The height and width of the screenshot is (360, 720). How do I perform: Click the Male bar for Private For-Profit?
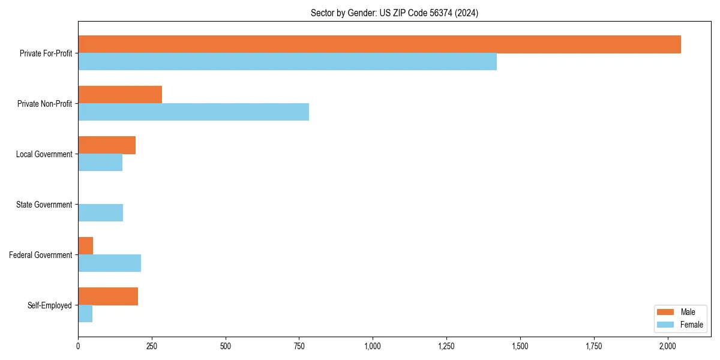pyautogui.click(x=379, y=44)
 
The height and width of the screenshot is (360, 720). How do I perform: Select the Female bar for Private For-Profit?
pyautogui.click(x=287, y=62)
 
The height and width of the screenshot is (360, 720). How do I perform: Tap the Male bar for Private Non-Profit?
pyautogui.click(x=120, y=95)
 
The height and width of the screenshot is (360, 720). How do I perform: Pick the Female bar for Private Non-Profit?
pyautogui.click(x=193, y=112)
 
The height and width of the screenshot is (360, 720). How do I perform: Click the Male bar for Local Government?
pyautogui.click(x=107, y=145)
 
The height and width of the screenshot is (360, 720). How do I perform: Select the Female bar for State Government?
pyautogui.click(x=100, y=213)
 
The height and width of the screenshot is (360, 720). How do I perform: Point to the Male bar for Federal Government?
pyautogui.click(x=85, y=246)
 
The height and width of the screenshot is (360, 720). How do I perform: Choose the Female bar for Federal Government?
pyautogui.click(x=109, y=263)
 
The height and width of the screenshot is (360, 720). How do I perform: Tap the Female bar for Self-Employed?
pyautogui.click(x=85, y=314)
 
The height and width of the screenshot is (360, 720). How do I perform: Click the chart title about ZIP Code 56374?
pyautogui.click(x=394, y=13)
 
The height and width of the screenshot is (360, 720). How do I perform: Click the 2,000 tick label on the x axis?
pyautogui.click(x=668, y=346)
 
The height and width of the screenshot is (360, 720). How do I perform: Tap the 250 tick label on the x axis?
pyautogui.click(x=152, y=346)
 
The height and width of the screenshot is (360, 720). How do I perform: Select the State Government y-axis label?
pyautogui.click(x=44, y=205)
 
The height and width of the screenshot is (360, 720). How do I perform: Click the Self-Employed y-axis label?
pyautogui.click(x=49, y=305)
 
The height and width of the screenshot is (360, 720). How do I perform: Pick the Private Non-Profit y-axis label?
pyautogui.click(x=44, y=104)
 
